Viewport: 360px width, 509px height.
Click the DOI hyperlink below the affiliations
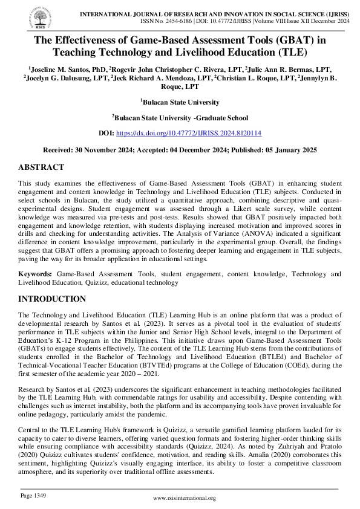pos(188,133)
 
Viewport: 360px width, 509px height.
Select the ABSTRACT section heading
pos(41,167)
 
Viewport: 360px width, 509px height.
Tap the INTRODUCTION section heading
pos(52,299)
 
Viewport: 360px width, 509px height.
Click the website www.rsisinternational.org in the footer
pos(185,498)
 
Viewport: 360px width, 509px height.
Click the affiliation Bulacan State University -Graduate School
pos(180,118)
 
